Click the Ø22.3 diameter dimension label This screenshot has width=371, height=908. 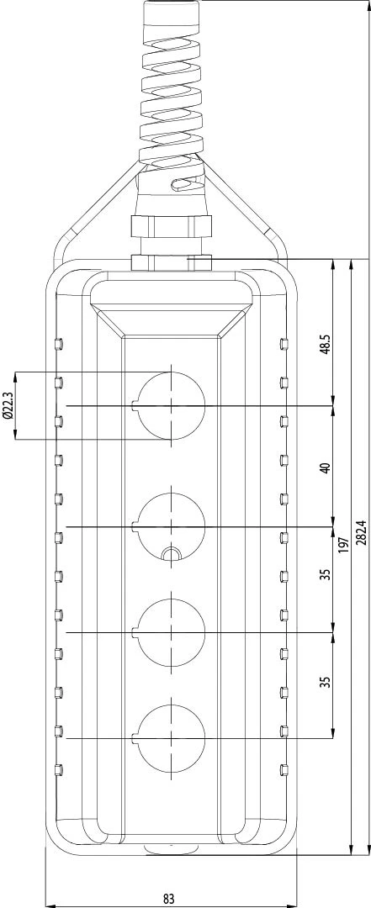8,405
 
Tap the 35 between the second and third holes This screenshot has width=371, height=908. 326,574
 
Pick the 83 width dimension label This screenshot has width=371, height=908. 169,899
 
